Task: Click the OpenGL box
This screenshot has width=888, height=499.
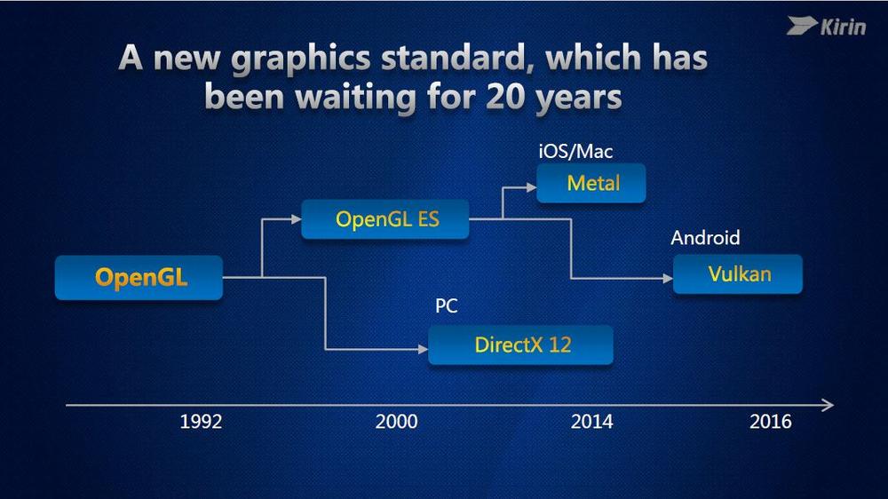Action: click(139, 278)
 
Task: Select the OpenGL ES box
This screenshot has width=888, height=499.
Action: click(385, 219)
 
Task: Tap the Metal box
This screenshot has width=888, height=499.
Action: click(591, 183)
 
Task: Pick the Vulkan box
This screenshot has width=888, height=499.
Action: click(738, 274)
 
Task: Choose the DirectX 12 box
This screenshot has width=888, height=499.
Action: click(520, 345)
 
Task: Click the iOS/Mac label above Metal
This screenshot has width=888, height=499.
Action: click(575, 151)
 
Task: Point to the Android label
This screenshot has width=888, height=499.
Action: click(705, 237)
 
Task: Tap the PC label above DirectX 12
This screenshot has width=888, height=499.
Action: click(447, 305)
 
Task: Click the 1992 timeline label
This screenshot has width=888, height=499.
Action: click(201, 422)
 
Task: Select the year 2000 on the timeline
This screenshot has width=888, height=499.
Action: click(396, 422)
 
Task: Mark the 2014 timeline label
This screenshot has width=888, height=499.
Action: click(591, 422)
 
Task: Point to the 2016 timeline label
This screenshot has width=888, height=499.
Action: click(770, 422)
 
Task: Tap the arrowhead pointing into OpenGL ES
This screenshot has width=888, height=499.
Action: click(297, 218)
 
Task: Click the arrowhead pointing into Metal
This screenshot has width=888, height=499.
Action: click(531, 187)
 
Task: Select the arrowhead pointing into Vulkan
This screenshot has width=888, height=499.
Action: click(668, 278)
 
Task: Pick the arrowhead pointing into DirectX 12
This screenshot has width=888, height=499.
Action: click(423, 350)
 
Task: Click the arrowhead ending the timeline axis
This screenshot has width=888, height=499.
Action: click(829, 405)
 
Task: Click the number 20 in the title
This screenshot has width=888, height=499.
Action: click(507, 96)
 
